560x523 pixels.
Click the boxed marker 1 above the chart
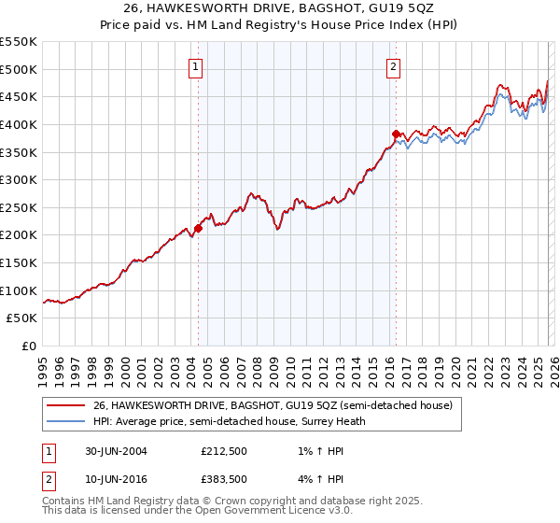[197, 66]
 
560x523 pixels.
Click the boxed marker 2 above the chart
[394, 66]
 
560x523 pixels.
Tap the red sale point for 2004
[198, 227]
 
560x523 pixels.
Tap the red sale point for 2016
[395, 134]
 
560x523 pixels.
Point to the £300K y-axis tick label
[20, 179]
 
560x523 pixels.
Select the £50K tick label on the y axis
[23, 318]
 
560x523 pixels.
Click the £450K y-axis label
[20, 96]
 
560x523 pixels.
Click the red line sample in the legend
[67, 405]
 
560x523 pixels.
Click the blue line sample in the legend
[67, 420]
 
